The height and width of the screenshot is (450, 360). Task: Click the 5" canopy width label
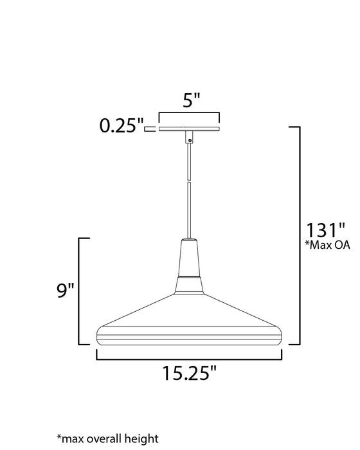190,101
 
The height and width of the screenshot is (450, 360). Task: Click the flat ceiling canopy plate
190,129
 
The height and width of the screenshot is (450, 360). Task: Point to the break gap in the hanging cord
190,181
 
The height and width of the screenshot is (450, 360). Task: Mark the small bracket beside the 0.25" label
150,129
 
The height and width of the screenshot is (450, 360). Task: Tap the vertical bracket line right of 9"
80,291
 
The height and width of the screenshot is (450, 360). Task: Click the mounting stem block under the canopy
190,137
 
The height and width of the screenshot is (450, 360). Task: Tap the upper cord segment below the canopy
190,161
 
